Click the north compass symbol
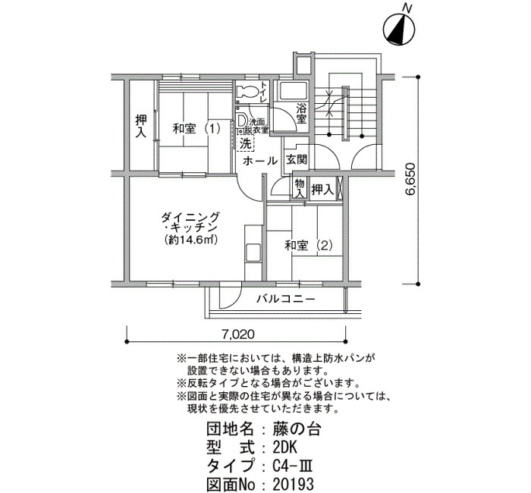tap(399, 30)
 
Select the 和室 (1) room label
tap(196, 129)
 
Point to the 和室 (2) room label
tap(309, 245)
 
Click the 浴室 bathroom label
tap(301, 114)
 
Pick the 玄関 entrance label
tap(297, 159)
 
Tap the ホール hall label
tap(260, 161)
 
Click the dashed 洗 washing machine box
tap(246, 143)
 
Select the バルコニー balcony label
tap(286, 299)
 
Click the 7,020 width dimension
tap(238, 334)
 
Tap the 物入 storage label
tap(300, 188)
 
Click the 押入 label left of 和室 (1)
tap(141, 126)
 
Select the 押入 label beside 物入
tap(322, 190)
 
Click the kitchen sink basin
tap(253, 253)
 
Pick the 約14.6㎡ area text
tap(190, 240)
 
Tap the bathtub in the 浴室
tap(292, 91)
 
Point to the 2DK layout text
tap(284, 448)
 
